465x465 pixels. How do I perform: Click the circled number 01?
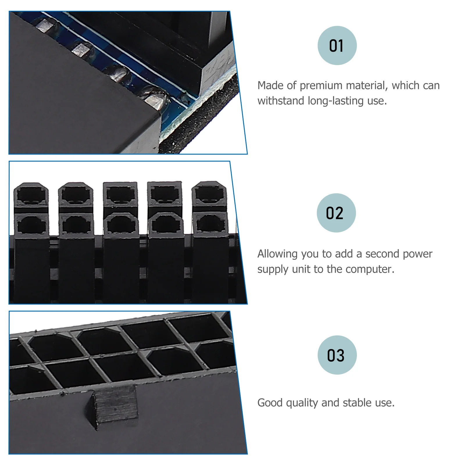click(x=337, y=46)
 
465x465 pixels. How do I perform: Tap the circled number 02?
click(x=336, y=213)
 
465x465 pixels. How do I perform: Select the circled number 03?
click(x=337, y=355)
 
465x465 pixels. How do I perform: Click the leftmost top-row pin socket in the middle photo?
click(x=31, y=194)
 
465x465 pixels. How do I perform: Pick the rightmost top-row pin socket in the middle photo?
click(x=209, y=193)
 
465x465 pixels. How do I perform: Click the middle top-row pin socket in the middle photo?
click(x=120, y=194)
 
